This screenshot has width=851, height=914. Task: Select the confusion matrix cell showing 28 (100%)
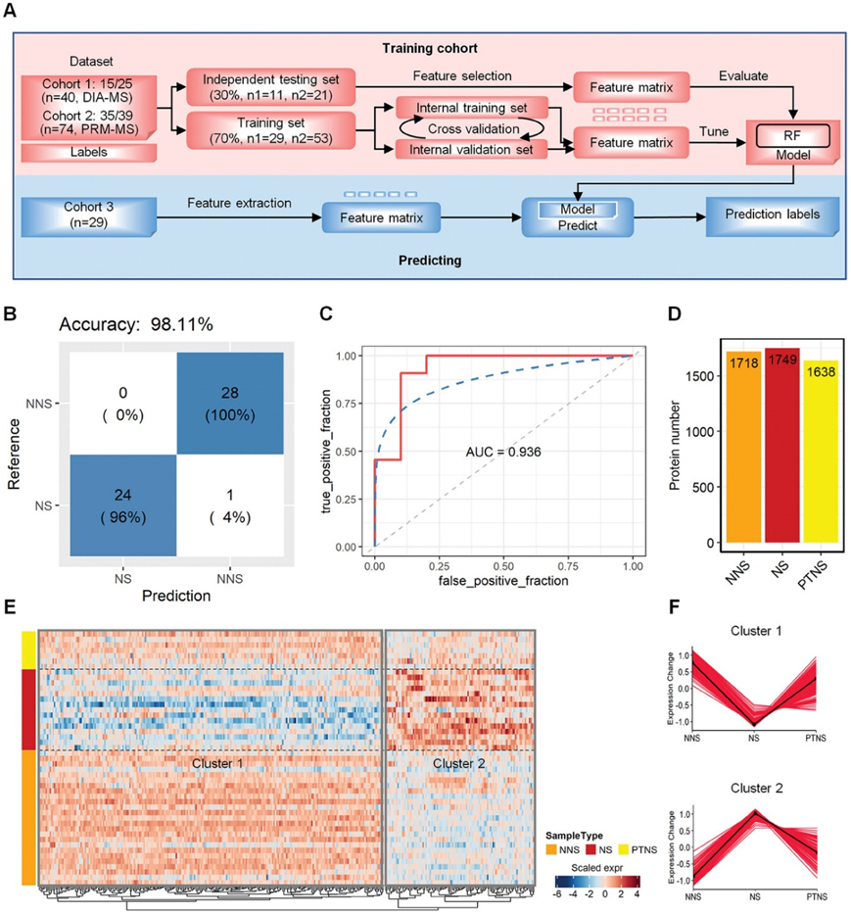tap(229, 403)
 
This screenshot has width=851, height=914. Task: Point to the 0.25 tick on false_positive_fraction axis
tap(439, 565)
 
